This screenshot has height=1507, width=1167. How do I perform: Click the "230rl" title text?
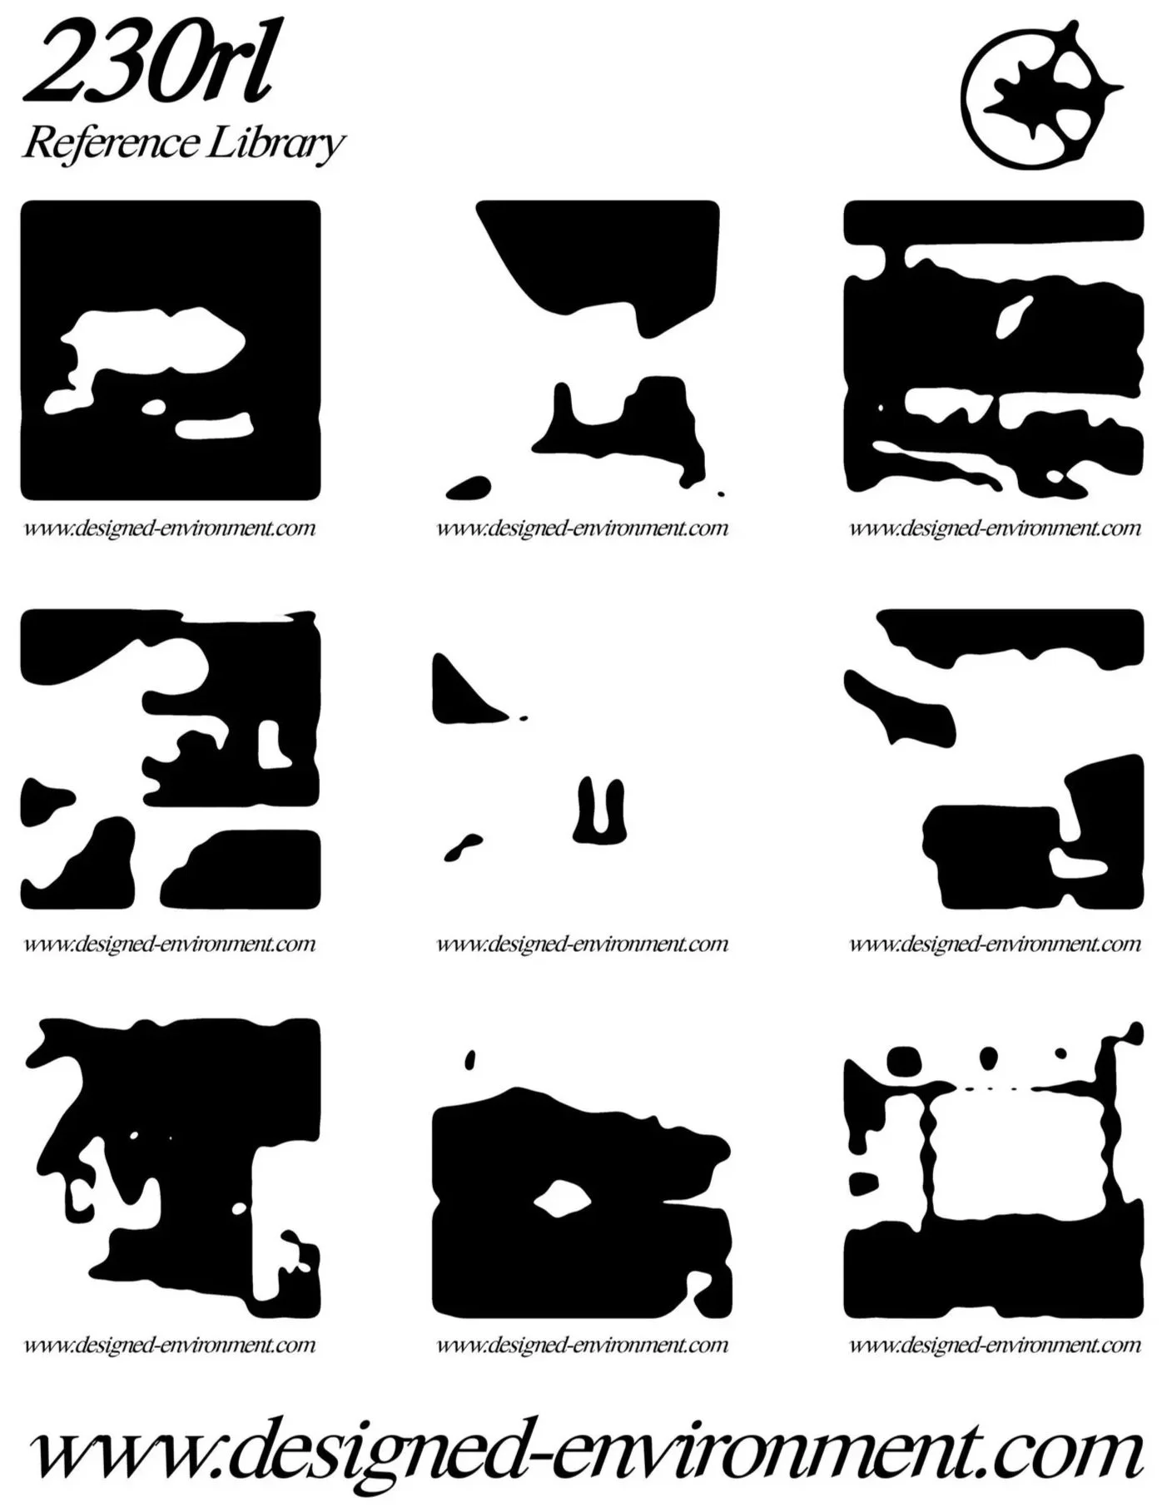tap(148, 64)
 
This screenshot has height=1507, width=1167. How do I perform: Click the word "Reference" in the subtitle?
tap(109, 142)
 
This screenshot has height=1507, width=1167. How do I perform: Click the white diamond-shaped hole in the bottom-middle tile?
tap(563, 1200)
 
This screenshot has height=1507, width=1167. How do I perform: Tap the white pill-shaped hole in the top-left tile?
tap(213, 427)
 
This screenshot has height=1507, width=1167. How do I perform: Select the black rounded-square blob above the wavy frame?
tap(905, 1061)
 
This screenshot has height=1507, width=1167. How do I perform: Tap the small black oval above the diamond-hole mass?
tap(470, 1059)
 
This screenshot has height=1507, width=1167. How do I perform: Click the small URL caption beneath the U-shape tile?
tap(583, 944)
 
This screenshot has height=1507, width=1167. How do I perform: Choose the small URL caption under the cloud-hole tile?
tap(170, 528)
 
